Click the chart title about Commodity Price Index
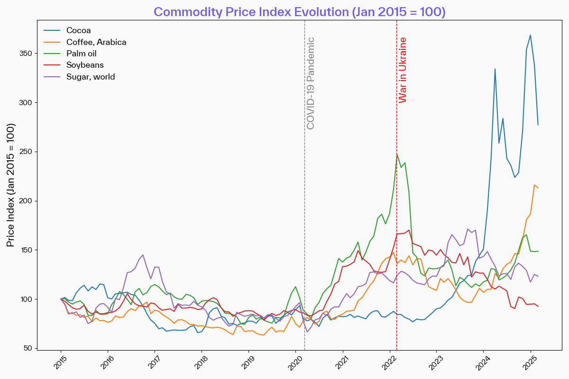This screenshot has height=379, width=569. (300, 12)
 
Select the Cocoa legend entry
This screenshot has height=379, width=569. (79, 31)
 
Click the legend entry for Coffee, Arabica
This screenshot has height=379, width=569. (96, 42)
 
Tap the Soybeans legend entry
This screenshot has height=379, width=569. (85, 65)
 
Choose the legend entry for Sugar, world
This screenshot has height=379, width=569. (91, 77)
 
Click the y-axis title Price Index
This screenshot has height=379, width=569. (10, 185)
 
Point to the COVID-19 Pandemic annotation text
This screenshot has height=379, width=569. (311, 83)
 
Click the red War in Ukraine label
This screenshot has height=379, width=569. (403, 70)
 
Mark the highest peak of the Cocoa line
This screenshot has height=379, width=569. (530, 35)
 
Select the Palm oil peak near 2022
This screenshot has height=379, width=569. (397, 154)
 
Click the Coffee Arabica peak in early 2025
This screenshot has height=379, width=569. (534, 185)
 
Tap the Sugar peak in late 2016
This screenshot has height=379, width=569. (143, 255)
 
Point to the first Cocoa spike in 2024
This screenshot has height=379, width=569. (495, 69)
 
